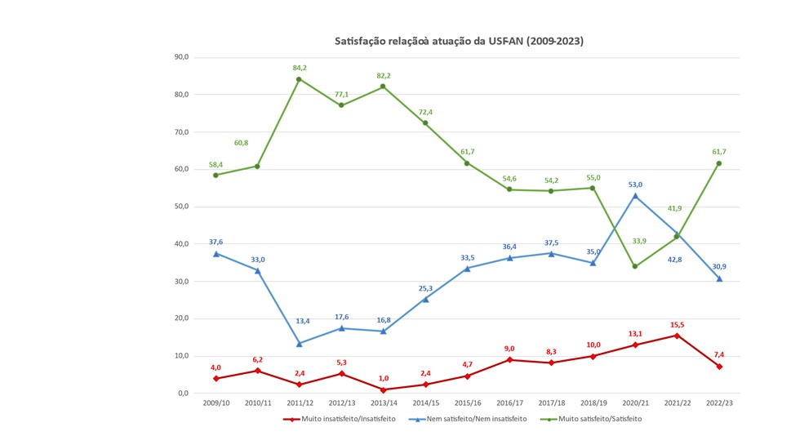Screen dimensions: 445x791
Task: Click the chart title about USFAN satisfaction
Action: click(x=460, y=40)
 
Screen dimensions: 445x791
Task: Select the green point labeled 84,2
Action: click(x=299, y=79)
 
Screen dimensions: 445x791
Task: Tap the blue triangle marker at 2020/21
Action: click(x=634, y=196)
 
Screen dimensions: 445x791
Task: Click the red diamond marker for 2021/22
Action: click(x=677, y=336)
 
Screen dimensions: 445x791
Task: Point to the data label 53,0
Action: click(x=634, y=185)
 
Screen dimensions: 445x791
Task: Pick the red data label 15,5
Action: click(x=676, y=325)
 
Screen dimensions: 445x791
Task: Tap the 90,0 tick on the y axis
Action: click(x=181, y=57)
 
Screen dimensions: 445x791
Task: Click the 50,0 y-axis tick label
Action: click(x=181, y=207)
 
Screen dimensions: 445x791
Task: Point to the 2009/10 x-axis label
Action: click(x=216, y=403)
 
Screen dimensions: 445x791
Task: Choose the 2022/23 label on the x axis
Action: click(x=718, y=403)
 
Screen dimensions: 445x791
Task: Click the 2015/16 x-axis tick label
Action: click(x=467, y=403)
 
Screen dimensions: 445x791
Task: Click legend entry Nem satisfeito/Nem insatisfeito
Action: click(x=462, y=419)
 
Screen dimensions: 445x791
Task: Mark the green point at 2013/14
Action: click(x=383, y=87)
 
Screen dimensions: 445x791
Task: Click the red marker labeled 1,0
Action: click(x=383, y=389)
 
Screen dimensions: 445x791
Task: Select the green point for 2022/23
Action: click(x=718, y=163)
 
